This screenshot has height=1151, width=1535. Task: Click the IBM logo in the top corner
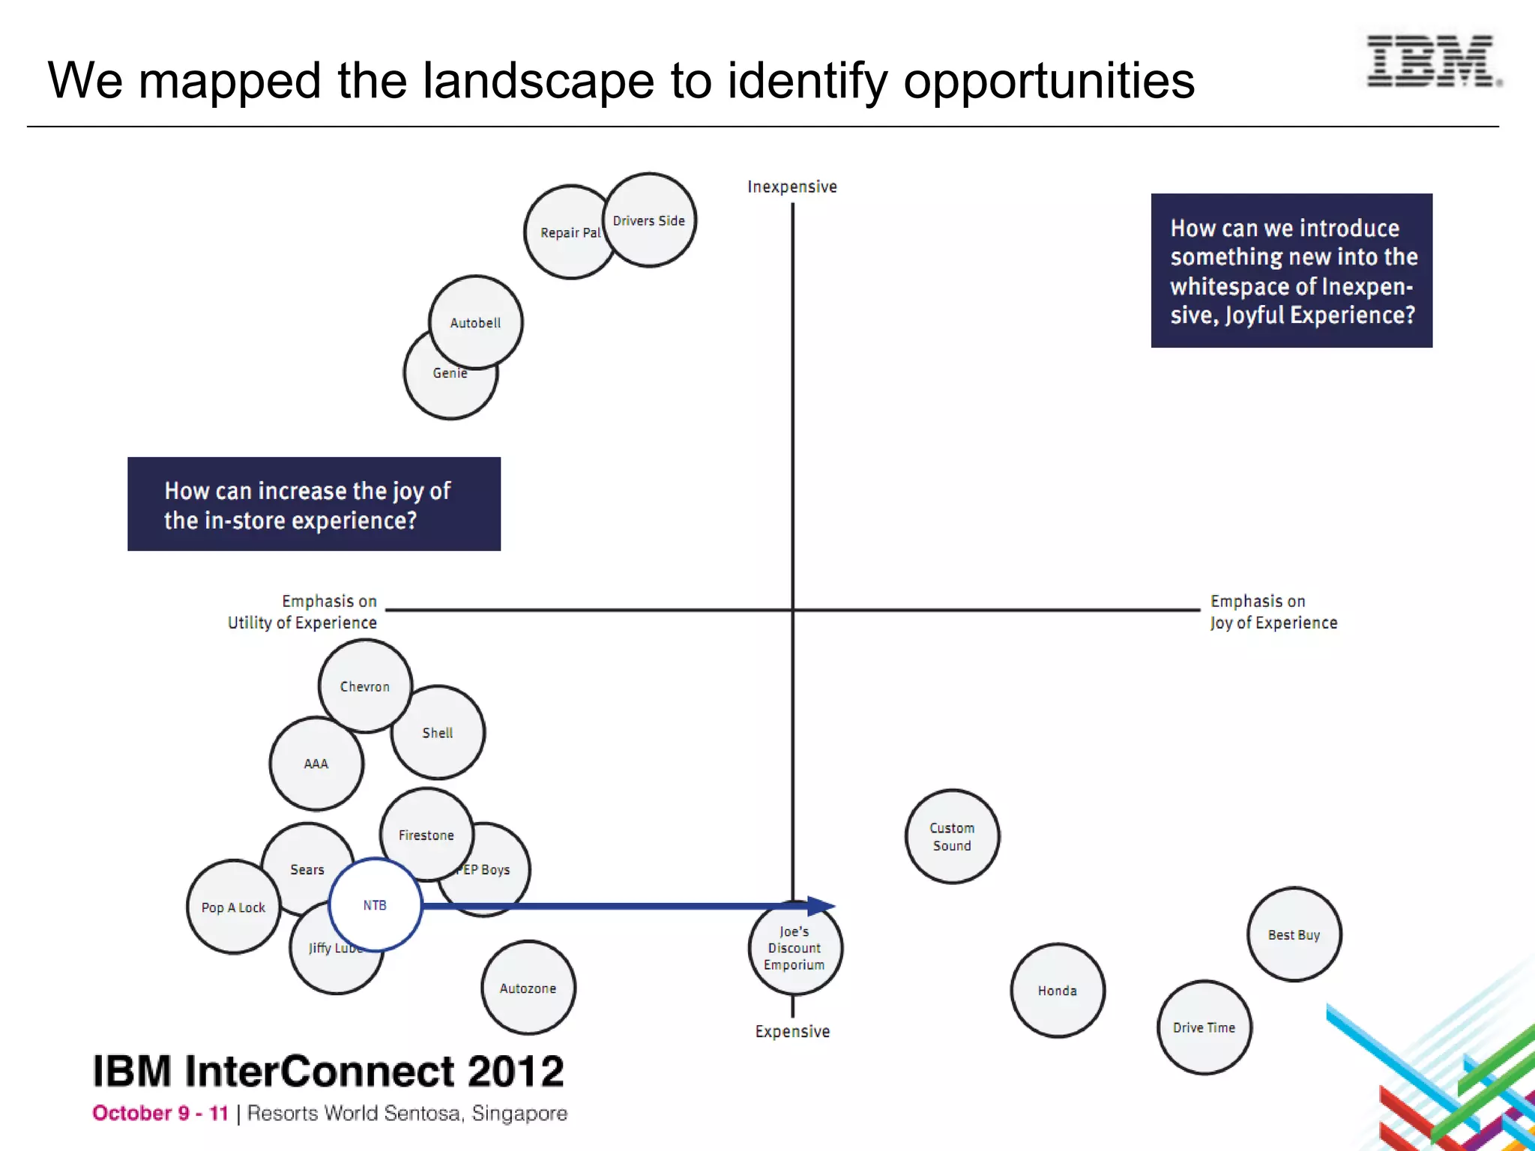pyautogui.click(x=1432, y=61)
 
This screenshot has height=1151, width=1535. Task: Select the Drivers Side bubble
pyautogui.click(x=650, y=220)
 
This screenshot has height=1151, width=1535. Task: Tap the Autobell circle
pyautogui.click(x=475, y=322)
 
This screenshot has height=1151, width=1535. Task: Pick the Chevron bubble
pyautogui.click(x=365, y=686)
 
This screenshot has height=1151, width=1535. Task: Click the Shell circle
pyautogui.click(x=438, y=733)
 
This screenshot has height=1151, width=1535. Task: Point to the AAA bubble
pyautogui.click(x=316, y=764)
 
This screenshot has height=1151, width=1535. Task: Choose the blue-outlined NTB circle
pyautogui.click(x=375, y=905)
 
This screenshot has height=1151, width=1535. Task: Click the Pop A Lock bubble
pyautogui.click(x=233, y=907)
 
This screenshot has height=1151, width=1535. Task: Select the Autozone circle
pyautogui.click(x=528, y=988)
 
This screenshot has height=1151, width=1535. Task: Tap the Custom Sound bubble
pyautogui.click(x=952, y=836)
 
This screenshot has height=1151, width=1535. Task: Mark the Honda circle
pyautogui.click(x=1058, y=991)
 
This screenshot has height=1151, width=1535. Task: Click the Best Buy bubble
pyautogui.click(x=1294, y=934)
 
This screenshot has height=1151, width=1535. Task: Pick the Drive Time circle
pyautogui.click(x=1204, y=1027)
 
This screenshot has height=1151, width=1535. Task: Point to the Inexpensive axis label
pyautogui.click(x=792, y=187)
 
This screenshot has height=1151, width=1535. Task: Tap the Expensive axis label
pyautogui.click(x=792, y=1031)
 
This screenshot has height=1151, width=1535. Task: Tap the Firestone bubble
pyautogui.click(x=426, y=835)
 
